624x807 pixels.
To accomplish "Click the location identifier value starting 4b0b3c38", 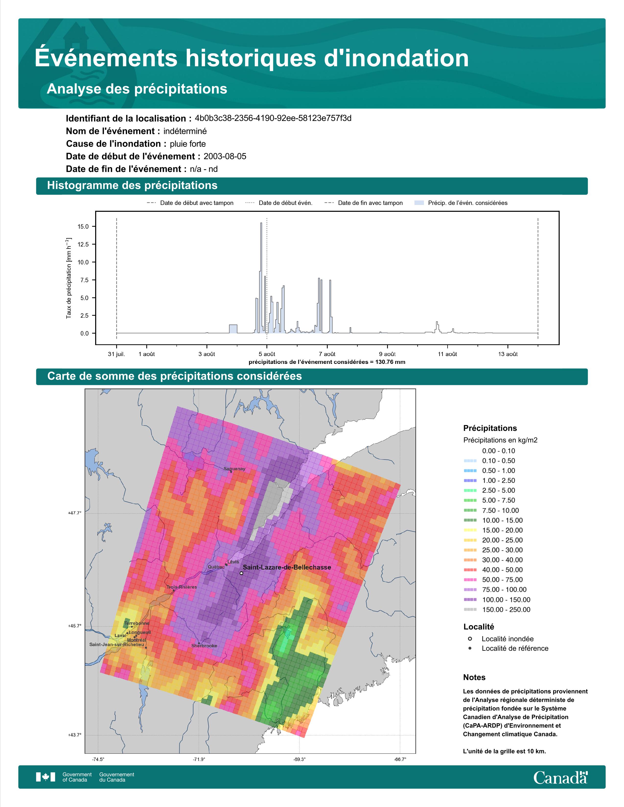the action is pos(273,118).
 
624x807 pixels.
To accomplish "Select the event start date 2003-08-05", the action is pos(225,156).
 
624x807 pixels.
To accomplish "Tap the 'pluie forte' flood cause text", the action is pos(188,144).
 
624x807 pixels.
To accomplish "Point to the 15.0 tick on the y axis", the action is pos(83,226).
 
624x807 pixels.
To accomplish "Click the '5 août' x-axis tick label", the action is pos(267,354).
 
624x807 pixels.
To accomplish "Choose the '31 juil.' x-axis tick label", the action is pos(116,354).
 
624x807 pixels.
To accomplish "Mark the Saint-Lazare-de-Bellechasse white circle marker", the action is pos(241,573).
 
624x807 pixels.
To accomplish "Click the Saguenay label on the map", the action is pos(234,469).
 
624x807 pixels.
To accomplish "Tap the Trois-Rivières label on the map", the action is pos(182,587).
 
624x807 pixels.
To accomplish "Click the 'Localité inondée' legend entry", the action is pos(501,639).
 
